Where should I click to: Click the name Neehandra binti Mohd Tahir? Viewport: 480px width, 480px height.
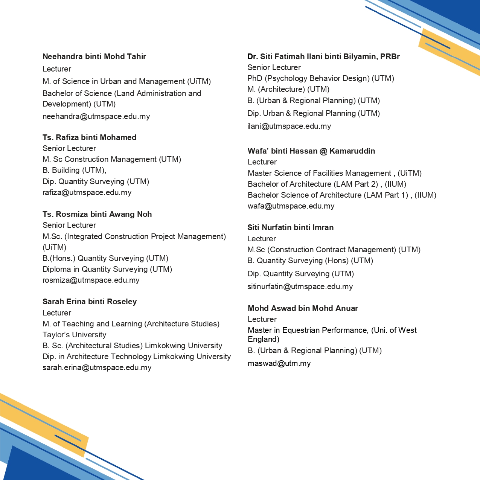[94, 56]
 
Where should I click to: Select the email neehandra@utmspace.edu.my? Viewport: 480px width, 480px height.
[96, 116]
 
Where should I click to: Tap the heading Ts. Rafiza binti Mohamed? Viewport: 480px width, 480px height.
[89, 137]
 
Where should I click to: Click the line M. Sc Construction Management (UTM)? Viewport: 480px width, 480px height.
[112, 159]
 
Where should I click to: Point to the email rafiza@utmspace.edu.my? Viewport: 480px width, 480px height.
[87, 192]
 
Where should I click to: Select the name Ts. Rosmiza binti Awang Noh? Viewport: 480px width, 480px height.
[97, 214]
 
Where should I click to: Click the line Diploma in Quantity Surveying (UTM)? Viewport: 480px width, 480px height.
[107, 269]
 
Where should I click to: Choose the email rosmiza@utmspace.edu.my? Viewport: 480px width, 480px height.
[91, 280]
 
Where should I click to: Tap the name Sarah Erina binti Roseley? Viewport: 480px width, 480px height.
[90, 302]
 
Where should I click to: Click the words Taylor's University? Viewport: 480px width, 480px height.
[74, 335]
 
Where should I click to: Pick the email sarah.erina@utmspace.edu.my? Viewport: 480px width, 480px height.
[97, 367]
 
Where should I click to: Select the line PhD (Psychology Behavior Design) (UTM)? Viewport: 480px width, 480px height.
[321, 78]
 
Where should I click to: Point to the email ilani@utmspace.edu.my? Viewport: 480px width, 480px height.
[289, 126]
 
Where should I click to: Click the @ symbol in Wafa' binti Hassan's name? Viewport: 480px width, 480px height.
[323, 151]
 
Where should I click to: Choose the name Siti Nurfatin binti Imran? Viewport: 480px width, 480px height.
[290, 227]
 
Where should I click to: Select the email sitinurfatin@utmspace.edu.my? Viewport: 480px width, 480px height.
[300, 286]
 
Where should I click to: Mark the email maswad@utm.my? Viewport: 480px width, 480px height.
[279, 363]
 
